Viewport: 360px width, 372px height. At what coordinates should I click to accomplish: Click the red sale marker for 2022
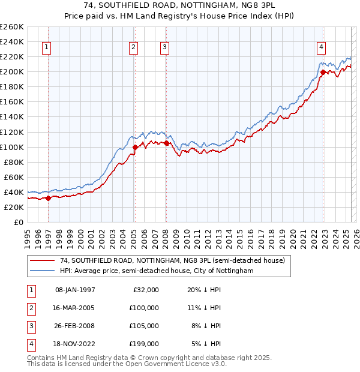pos(323,72)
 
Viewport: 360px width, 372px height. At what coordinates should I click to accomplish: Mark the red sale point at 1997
pos(48,198)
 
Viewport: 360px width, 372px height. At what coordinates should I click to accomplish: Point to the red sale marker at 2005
pos(135,146)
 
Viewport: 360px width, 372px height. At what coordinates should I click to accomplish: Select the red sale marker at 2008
pos(166,143)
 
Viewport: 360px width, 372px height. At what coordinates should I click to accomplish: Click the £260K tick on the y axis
pos(11,27)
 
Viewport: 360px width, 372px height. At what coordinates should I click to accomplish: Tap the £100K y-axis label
pos(11,147)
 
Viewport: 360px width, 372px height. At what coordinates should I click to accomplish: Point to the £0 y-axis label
pos(17,222)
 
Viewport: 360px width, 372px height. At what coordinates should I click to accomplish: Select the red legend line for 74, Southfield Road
pos(43,260)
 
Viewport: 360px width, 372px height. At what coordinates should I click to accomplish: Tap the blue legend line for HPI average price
pos(43,271)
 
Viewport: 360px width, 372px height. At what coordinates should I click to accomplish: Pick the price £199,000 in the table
pos(143,344)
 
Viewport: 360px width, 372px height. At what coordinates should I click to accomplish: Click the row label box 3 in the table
pos(29,326)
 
